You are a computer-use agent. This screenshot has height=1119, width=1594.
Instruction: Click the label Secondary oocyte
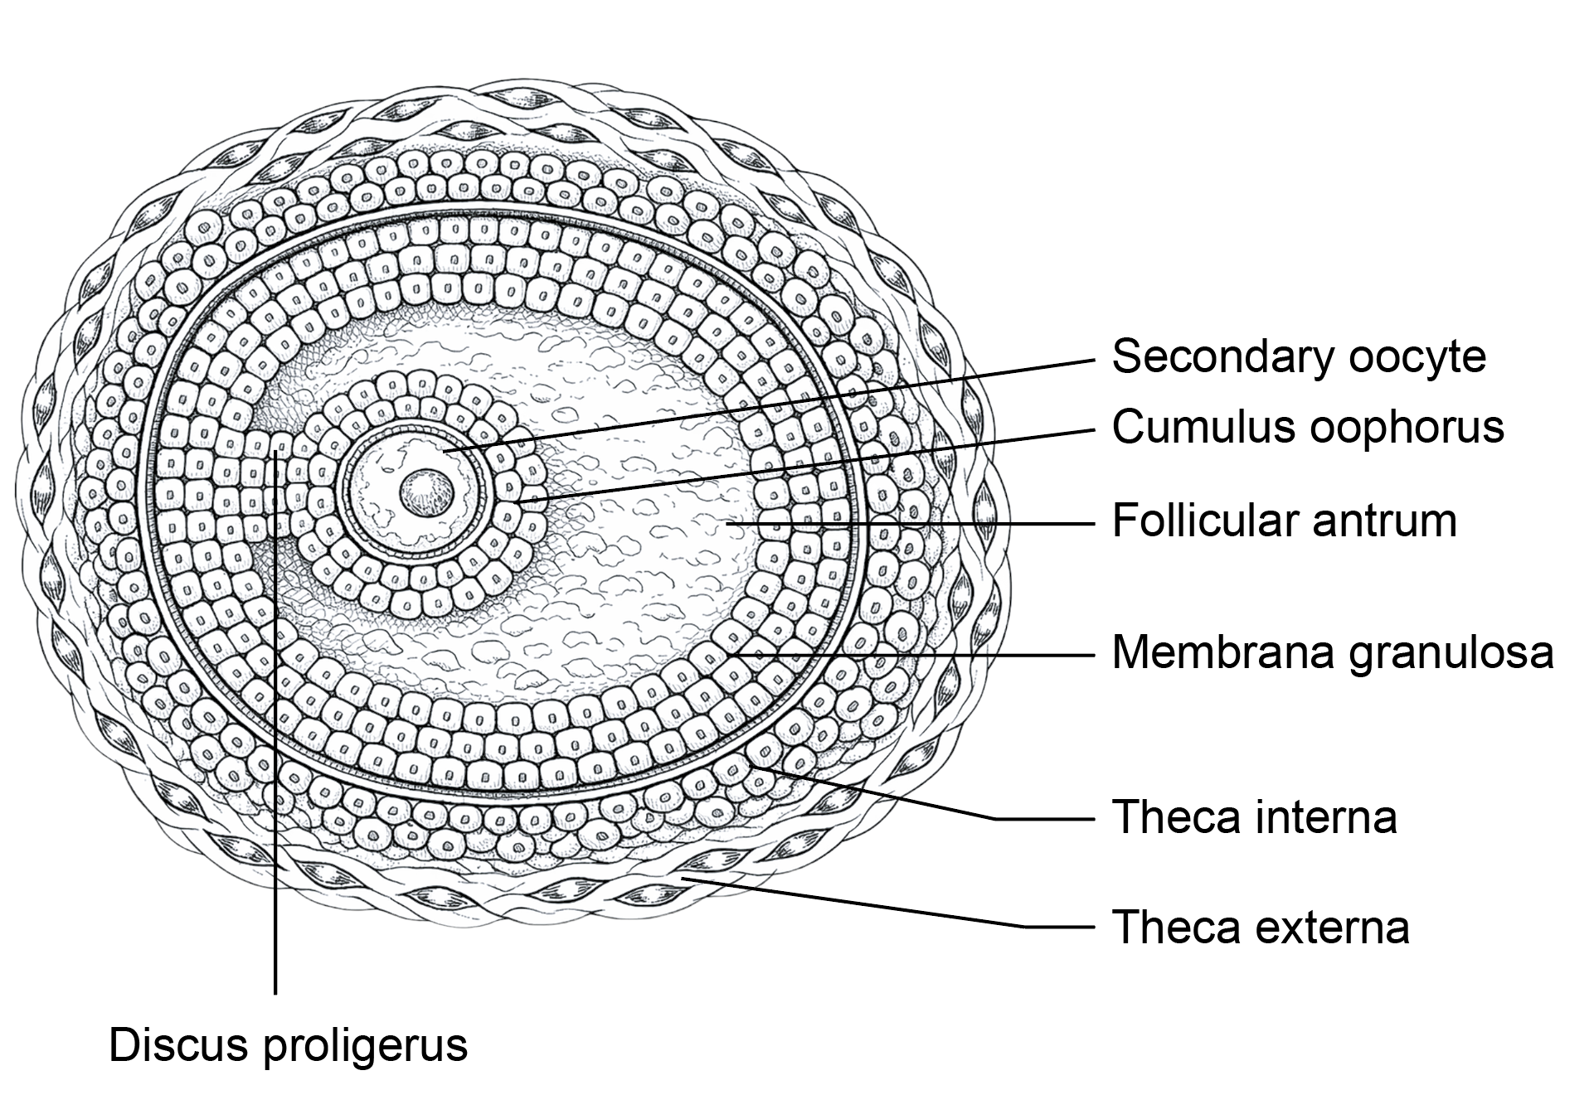click(1298, 357)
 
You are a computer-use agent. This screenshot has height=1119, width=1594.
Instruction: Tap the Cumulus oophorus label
click(1307, 428)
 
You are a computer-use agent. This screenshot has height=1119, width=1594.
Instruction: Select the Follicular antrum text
click(1284, 521)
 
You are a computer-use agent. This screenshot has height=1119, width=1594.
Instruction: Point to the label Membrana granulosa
click(1332, 653)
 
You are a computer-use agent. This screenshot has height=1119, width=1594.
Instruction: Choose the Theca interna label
click(1254, 817)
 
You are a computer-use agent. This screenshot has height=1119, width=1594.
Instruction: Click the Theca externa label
click(1260, 927)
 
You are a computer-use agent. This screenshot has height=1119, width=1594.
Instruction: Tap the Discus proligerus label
click(288, 1045)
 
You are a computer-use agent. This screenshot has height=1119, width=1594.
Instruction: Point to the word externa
click(1334, 927)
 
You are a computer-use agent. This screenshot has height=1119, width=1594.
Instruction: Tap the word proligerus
click(365, 1045)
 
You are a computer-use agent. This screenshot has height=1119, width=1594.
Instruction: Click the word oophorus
click(1410, 428)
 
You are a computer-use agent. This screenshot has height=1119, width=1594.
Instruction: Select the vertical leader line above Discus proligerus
click(275, 746)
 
